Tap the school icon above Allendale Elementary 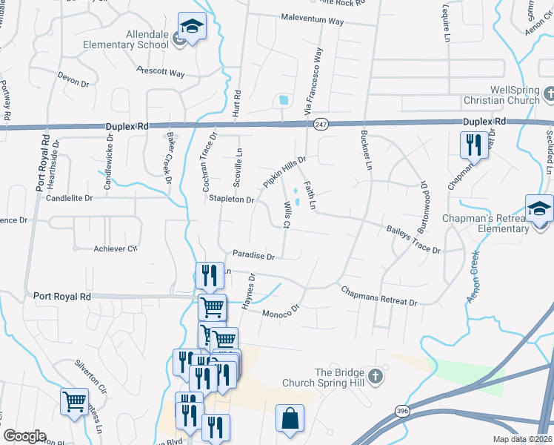[x=192, y=27]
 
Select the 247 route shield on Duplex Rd [x=320, y=125]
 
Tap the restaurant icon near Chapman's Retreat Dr [x=473, y=145]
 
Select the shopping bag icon [x=290, y=418]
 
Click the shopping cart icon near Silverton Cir [x=74, y=402]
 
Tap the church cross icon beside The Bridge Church [x=376, y=378]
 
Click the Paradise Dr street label [x=253, y=255]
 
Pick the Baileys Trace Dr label [x=413, y=240]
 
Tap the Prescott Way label [x=161, y=72]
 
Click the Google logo [x=24, y=436]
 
